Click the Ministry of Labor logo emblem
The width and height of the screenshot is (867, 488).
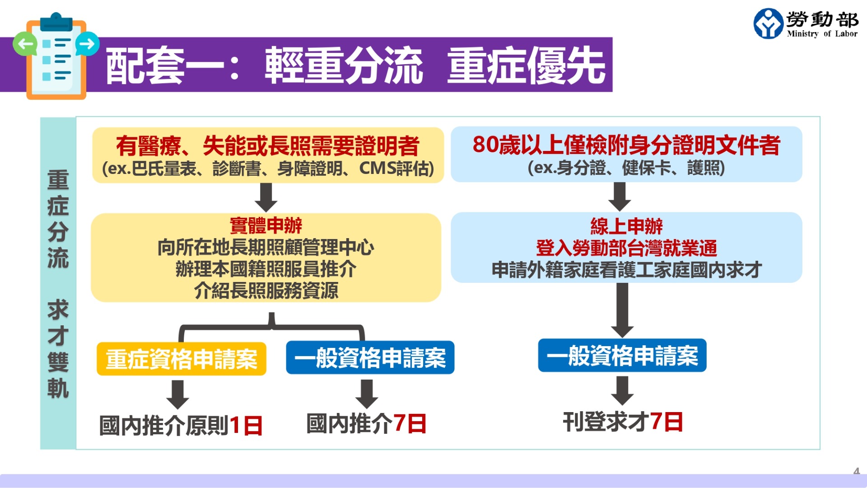[x=768, y=23]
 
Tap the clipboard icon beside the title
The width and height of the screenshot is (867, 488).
[x=56, y=56]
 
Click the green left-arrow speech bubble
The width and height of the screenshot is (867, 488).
[x=25, y=44]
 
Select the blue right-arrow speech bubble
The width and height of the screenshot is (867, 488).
[x=87, y=44]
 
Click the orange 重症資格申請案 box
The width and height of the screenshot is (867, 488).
[x=182, y=359]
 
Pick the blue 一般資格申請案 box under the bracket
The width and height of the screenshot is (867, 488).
[x=370, y=357]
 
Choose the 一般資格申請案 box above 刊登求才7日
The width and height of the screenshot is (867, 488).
[x=622, y=355]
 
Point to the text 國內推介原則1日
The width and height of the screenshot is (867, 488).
[x=181, y=425]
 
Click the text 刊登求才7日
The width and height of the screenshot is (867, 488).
[x=623, y=422]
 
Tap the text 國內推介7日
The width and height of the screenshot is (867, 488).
[x=366, y=423]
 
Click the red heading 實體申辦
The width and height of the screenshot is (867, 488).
[x=266, y=225]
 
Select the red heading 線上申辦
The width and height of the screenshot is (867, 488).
[x=626, y=226]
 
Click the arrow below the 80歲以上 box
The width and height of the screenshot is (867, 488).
[x=620, y=197]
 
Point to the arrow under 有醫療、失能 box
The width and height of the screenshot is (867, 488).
[x=266, y=197]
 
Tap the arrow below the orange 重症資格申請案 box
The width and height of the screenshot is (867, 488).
[x=177, y=394]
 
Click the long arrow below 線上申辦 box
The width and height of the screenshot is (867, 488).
[x=622, y=310]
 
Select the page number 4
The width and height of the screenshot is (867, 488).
[x=857, y=471]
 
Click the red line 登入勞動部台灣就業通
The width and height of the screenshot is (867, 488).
[x=626, y=248]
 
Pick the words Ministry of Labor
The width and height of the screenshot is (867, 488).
[x=822, y=33]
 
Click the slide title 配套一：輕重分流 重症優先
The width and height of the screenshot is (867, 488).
[x=355, y=66]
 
